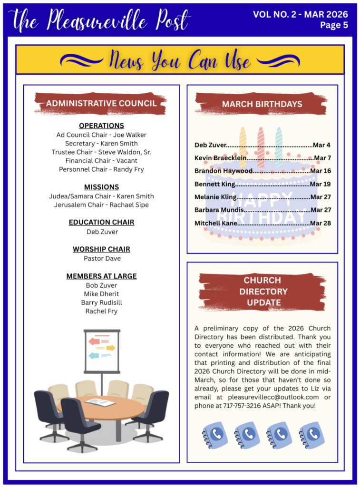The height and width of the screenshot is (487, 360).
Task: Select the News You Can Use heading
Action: [x=180, y=60]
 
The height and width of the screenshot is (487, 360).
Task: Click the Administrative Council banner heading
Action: [x=101, y=103]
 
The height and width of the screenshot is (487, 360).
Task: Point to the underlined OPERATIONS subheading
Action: [x=101, y=126]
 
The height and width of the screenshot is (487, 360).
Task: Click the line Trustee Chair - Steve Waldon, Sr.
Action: [x=101, y=152]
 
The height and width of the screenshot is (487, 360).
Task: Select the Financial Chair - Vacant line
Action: [x=101, y=161]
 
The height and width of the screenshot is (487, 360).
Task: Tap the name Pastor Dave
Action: [x=102, y=258]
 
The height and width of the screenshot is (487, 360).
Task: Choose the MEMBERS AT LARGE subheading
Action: [x=101, y=276]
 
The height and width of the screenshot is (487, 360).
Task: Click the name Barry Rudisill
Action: [x=101, y=302]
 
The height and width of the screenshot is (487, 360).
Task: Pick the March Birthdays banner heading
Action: [x=262, y=104]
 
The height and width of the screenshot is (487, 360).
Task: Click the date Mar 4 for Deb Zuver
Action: [x=322, y=145]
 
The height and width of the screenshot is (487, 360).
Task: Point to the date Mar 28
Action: [x=321, y=223]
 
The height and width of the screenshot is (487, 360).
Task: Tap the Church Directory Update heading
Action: [x=262, y=291]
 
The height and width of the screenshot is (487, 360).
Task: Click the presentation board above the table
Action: [x=102, y=351]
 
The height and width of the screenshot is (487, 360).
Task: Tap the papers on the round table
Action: [x=100, y=402]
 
